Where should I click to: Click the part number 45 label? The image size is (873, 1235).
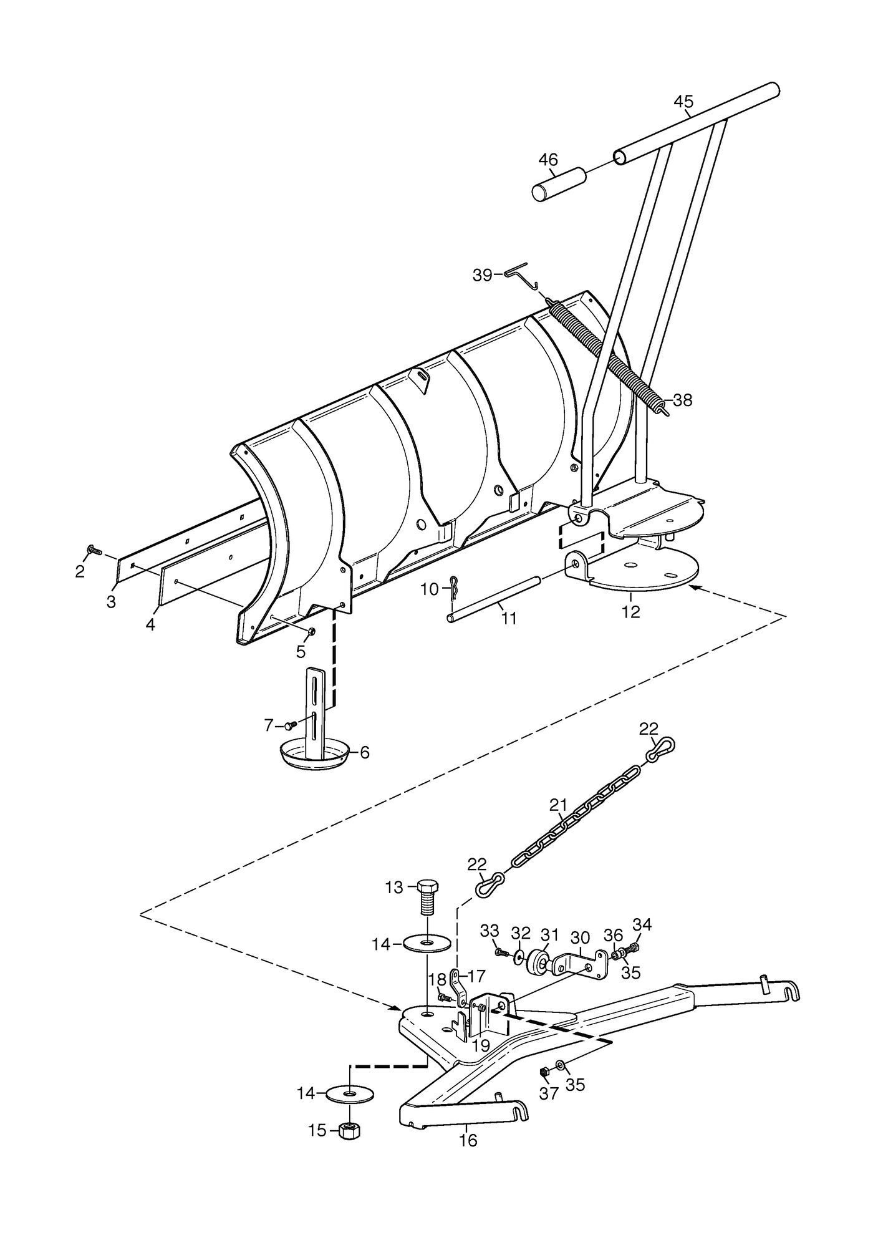pos(683,102)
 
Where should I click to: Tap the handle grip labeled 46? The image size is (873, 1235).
pos(559,184)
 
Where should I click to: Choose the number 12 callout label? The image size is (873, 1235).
pos(631,612)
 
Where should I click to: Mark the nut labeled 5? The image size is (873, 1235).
pos(311,632)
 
